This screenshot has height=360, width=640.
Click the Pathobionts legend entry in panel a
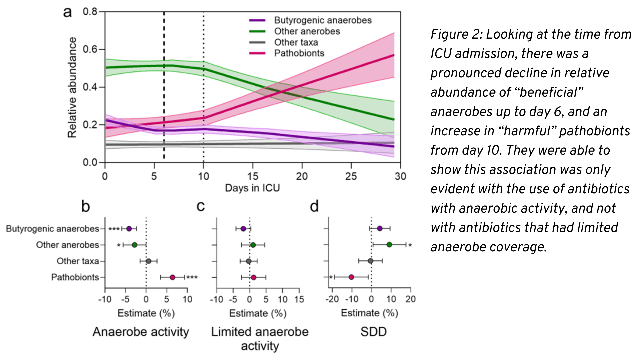click(299, 53)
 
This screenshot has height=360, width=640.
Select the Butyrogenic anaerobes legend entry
click(322, 20)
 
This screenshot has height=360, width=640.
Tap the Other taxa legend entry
click(296, 42)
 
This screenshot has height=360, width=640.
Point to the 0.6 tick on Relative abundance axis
click(90, 49)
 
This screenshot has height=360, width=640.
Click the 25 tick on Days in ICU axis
click(351, 176)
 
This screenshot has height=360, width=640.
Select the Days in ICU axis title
click(252, 188)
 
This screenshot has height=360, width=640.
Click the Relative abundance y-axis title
click(72, 87)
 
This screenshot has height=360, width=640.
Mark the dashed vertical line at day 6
click(164, 100)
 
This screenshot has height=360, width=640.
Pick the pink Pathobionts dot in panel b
click(172, 277)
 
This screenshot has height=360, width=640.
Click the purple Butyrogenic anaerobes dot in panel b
click(129, 229)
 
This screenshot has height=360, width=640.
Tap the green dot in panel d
click(389, 245)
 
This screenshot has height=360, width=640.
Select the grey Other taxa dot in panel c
click(249, 261)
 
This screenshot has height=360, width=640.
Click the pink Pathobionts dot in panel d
click(351, 277)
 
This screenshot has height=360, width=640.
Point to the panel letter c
click(200, 206)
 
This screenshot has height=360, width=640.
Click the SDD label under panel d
click(373, 332)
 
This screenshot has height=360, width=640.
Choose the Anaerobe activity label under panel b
click(141, 332)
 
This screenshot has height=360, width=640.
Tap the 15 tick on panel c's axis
click(299, 299)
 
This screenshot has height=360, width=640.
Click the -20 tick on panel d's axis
click(332, 299)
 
